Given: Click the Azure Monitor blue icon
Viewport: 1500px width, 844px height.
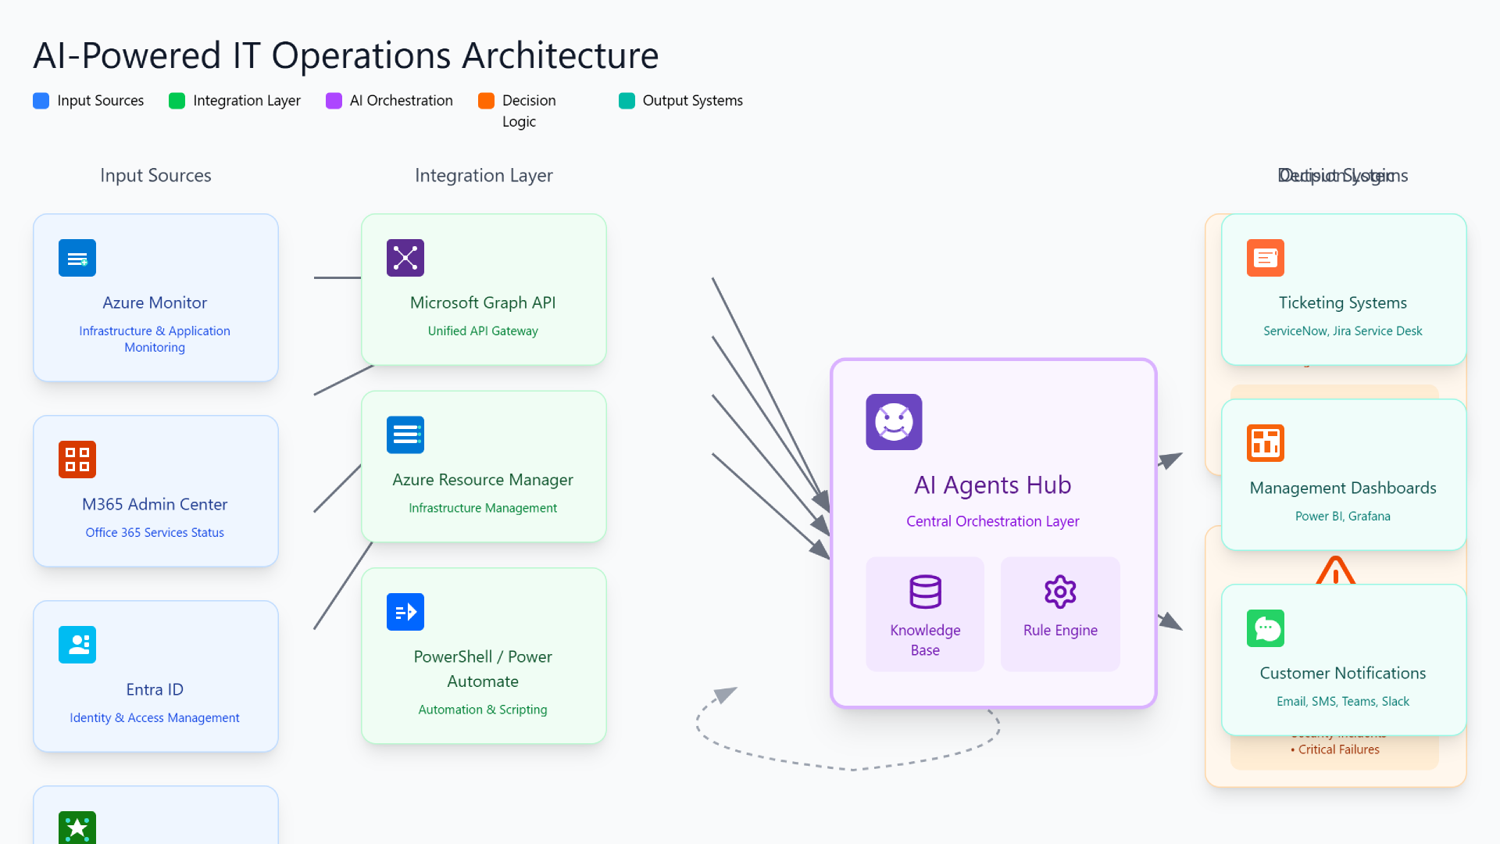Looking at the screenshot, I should click(77, 258).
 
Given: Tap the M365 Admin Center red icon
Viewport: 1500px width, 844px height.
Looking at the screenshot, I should click(77, 460).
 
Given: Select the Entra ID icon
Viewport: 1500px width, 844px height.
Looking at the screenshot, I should click(77, 645).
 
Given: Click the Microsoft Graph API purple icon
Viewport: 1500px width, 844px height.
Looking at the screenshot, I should click(405, 258).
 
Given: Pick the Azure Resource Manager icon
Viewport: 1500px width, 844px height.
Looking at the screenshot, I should click(405, 435).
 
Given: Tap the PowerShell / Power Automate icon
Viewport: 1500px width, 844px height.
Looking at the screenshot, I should click(405, 612).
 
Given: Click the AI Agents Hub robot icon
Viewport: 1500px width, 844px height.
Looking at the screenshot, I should click(894, 422).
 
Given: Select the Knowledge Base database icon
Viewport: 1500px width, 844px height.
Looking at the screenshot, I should click(925, 592).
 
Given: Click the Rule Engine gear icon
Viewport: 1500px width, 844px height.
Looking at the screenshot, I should click(1060, 592).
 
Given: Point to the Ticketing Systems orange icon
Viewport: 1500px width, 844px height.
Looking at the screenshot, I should click(1266, 258).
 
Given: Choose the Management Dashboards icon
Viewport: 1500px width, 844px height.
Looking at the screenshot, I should click(1266, 443).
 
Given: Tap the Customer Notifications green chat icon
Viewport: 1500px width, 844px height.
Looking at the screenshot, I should click(1266, 628).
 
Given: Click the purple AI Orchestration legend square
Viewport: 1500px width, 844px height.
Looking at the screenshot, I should click(334, 101).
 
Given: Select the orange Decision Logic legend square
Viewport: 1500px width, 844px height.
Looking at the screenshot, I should click(486, 101).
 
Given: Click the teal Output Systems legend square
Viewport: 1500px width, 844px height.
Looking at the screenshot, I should click(627, 101).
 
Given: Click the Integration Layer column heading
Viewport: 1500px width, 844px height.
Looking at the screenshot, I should click(484, 176).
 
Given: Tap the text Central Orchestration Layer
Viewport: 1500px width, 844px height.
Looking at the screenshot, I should click(992, 521).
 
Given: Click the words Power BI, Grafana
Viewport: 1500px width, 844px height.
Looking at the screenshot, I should click(1342, 517).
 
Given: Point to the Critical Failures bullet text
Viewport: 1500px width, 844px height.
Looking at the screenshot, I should click(1338, 749).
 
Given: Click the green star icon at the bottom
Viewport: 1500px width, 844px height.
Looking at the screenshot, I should click(77, 828).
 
